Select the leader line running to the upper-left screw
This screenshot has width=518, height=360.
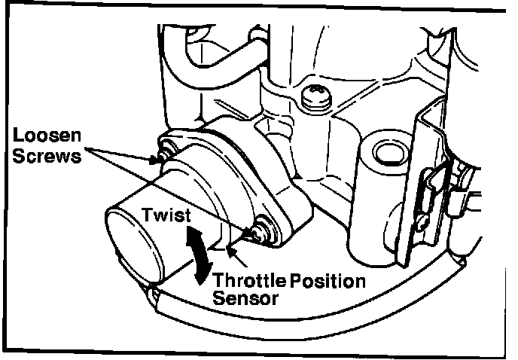tap(120, 154)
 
